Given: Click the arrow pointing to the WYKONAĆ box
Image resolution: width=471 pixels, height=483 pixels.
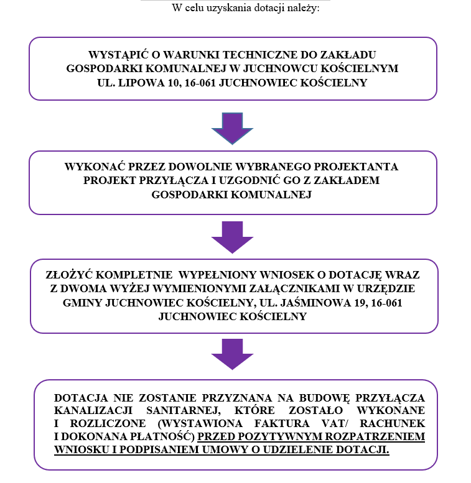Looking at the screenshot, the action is point(232,129).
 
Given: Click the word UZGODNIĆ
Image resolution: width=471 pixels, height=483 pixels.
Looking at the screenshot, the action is point(248,180).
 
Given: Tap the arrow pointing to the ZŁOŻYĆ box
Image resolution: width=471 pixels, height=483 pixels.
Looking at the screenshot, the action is point(232,237).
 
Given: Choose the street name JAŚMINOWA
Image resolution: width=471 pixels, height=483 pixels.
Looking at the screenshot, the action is point(315,303).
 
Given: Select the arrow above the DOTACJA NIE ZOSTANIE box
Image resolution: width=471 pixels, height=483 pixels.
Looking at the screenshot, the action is point(232,354).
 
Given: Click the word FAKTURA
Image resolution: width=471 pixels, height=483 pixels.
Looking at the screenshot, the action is point(282,423).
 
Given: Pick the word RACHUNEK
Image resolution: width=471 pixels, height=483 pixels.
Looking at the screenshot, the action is point(393,423).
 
